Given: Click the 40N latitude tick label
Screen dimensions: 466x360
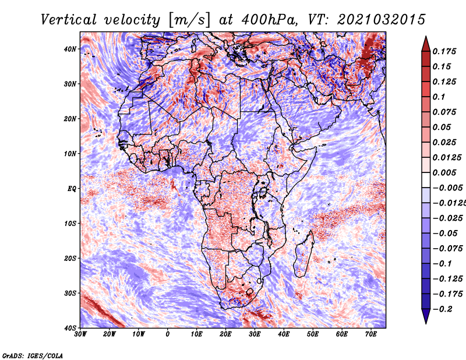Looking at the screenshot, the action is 70,49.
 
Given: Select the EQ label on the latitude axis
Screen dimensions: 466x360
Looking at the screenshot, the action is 72,189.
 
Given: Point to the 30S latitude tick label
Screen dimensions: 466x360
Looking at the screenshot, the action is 70,294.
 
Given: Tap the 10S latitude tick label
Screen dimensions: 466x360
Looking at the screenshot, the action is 70,224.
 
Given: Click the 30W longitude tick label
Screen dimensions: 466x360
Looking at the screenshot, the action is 80,334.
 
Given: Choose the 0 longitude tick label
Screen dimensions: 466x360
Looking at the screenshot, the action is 168,334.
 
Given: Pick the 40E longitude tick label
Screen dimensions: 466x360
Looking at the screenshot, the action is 284,334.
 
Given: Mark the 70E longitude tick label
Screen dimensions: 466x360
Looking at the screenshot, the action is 371,334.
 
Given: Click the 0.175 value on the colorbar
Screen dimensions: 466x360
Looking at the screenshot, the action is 444,52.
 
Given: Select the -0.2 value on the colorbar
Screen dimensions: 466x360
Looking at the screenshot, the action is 442,309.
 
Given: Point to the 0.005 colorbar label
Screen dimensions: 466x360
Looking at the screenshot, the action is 444,172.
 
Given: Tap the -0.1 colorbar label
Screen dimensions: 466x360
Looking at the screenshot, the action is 442,264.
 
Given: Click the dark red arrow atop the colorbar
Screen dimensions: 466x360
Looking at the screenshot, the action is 426,44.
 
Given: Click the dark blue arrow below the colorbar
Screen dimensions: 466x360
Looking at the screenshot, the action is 426,316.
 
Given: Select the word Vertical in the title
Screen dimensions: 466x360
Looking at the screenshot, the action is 68,20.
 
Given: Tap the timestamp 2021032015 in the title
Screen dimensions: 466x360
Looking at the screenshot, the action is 382,20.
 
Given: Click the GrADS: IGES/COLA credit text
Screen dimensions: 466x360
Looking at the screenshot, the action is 33,356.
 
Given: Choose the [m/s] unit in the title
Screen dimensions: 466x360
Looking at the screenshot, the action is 190,20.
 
